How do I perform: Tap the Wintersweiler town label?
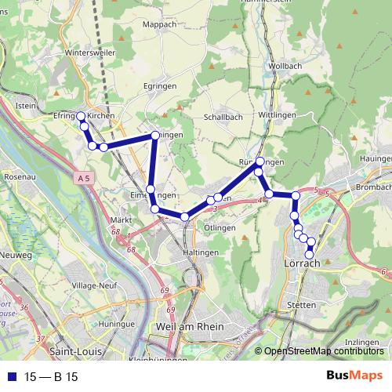click(91, 53)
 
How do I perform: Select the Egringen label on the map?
click(159, 86)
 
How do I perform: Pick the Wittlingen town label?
click(275, 114)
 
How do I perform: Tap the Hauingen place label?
click(376, 158)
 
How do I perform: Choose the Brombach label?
click(373, 188)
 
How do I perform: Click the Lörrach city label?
click(300, 264)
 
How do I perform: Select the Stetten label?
click(302, 304)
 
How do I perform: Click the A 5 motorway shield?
click(85, 180)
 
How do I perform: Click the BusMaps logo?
click(354, 376)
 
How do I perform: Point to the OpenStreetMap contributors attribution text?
click(323, 351)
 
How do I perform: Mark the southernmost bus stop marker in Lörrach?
click(310, 254)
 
